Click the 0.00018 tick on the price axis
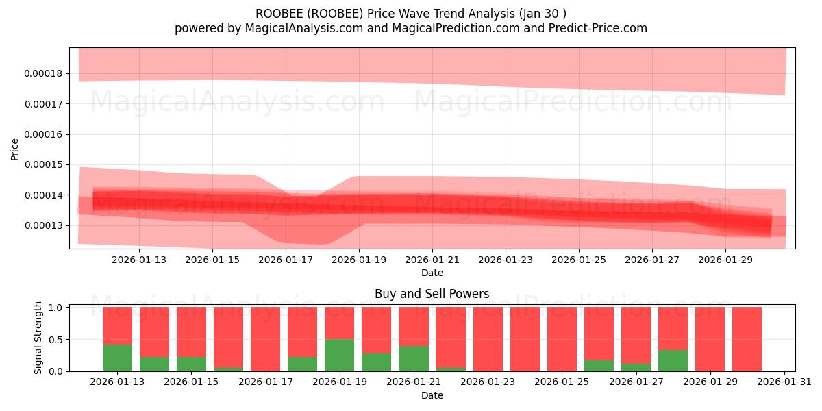(x=44, y=73)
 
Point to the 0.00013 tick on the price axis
(x=44, y=225)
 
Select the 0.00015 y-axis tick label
(x=44, y=164)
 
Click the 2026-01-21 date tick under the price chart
(x=432, y=260)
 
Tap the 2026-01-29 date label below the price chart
(x=725, y=260)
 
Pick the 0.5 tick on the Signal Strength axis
(x=56, y=339)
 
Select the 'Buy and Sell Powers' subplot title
(x=432, y=294)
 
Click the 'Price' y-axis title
(x=15, y=149)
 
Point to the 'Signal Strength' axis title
(x=38, y=338)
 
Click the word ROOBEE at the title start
(x=277, y=13)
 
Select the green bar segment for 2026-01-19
(x=339, y=355)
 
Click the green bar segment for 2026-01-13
(x=117, y=358)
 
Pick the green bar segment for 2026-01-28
(x=673, y=360)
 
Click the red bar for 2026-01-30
(x=747, y=339)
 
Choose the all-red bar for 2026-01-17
(x=265, y=339)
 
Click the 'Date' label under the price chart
(x=432, y=273)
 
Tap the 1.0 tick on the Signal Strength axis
(x=56, y=308)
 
